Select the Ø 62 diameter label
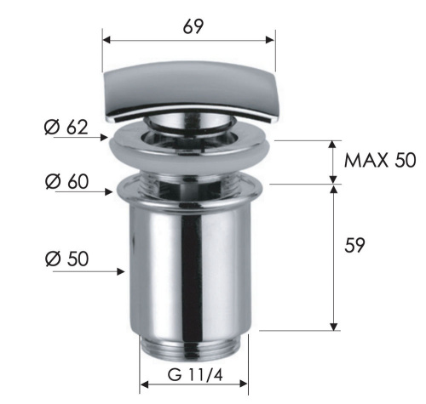(66, 128)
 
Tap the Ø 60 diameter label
(66, 183)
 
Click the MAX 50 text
(380, 161)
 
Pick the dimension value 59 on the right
(355, 245)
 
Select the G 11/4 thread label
(193, 373)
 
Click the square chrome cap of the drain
(188, 94)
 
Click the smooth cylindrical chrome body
(193, 264)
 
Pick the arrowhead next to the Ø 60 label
(112, 191)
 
